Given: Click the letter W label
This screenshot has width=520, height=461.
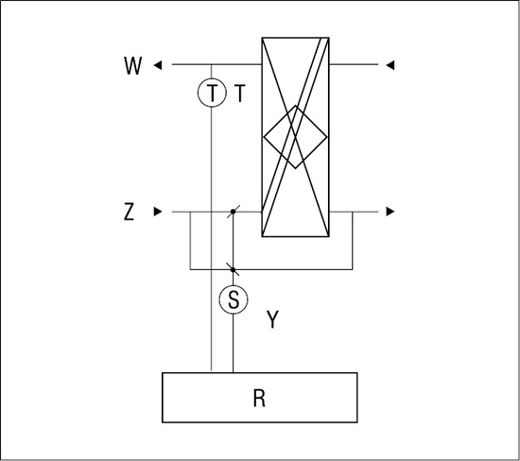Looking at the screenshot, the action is [x=133, y=65].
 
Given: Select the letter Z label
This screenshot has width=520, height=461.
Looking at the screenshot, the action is [x=129, y=213].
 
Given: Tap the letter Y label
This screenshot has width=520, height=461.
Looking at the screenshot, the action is [x=272, y=319].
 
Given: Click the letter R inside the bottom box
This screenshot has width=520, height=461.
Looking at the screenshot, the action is [x=259, y=398].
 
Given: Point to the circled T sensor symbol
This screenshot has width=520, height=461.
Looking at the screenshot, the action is [x=212, y=93].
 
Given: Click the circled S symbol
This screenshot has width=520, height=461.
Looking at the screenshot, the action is [x=234, y=299].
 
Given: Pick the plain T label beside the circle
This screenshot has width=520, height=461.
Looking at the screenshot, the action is [x=240, y=94].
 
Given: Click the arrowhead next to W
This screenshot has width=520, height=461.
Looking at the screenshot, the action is [x=158, y=65].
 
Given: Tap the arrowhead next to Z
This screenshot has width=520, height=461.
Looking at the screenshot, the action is [x=158, y=212].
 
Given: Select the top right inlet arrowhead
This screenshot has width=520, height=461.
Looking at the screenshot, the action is [x=390, y=65].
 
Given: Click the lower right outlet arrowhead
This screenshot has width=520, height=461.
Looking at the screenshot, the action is [x=390, y=212].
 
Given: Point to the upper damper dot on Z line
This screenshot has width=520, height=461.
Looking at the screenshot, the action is [x=234, y=212].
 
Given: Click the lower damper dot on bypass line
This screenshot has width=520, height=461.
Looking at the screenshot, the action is [x=234, y=270].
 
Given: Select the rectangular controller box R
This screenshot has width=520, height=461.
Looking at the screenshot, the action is [x=260, y=398].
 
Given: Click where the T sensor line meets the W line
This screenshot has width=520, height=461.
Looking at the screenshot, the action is [x=211, y=64].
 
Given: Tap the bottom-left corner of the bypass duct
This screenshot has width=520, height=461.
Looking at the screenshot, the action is [x=190, y=270].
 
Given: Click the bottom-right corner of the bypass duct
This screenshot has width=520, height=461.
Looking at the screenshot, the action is [x=353, y=270].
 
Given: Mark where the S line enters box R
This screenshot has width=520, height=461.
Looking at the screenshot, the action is [x=234, y=373].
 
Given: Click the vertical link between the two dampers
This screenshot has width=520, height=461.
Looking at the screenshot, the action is [x=234, y=241].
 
